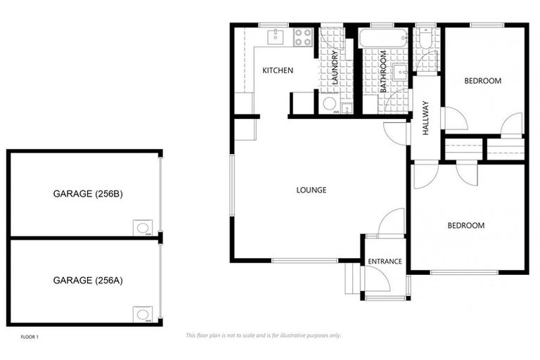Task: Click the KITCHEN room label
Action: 277,71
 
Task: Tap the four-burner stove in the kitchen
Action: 303,37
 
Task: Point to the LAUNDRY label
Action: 335,67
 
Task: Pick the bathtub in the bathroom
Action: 383,38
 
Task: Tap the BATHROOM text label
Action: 385,72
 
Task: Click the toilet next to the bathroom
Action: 424,41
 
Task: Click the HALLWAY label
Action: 425,117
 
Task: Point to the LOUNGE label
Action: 311,190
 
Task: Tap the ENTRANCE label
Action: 385,262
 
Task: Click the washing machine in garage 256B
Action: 142,227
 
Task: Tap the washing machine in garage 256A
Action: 142,314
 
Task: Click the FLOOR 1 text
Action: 30,337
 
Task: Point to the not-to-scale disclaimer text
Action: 263,335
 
